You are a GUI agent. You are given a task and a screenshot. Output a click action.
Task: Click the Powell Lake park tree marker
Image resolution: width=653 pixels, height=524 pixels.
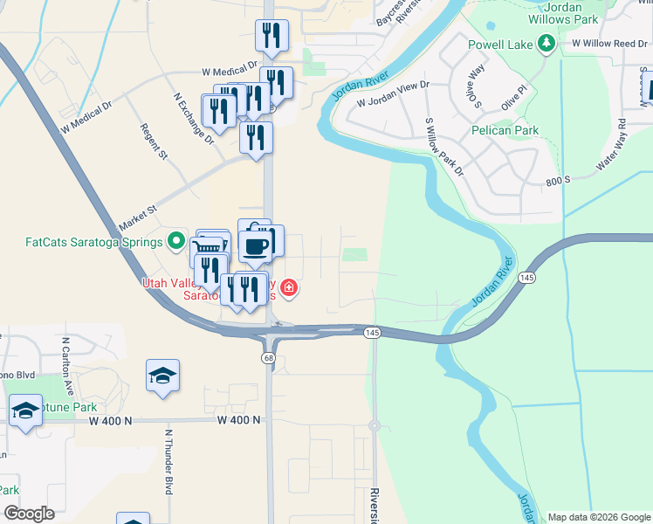pyautogui.click(x=546, y=43)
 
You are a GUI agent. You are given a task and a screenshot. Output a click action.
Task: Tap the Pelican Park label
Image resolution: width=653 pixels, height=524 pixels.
pyautogui.click(x=505, y=130)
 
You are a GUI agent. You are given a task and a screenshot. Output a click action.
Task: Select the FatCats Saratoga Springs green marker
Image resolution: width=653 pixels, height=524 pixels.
pyautogui.click(x=175, y=241)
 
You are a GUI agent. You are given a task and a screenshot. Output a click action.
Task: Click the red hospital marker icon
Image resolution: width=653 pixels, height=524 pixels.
pyautogui.click(x=288, y=287)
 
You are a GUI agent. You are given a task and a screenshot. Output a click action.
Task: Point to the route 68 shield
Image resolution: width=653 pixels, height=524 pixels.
pyautogui.click(x=268, y=358)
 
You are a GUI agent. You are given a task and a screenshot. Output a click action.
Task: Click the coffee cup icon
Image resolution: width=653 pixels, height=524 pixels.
pyautogui.click(x=255, y=245)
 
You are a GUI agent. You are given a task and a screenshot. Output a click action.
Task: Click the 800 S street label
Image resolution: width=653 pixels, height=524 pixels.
pyautogui.click(x=555, y=180)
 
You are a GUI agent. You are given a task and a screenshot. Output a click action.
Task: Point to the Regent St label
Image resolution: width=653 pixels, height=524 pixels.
pyautogui.click(x=154, y=141)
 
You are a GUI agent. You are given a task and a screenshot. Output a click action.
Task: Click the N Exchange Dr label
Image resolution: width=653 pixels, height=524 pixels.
pyautogui.click(x=193, y=121)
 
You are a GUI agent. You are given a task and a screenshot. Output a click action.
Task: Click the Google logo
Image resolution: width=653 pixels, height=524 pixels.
pyautogui.click(x=29, y=514)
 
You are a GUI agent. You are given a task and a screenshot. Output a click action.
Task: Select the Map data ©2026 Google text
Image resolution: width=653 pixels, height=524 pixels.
pyautogui.click(x=598, y=517)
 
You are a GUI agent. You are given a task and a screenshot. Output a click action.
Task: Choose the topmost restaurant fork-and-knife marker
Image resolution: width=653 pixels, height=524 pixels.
pyautogui.click(x=272, y=35)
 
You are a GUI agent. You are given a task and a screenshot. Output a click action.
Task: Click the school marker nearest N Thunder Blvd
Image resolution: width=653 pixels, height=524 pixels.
pyautogui.click(x=162, y=376)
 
